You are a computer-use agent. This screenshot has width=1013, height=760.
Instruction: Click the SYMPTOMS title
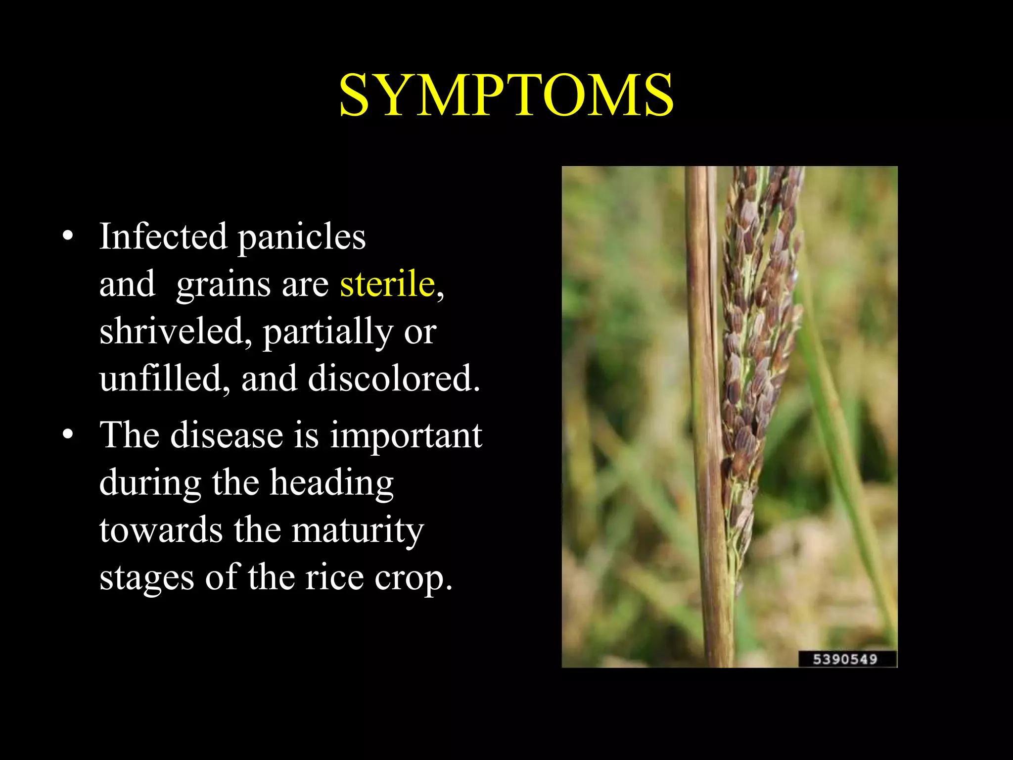[x=506, y=95]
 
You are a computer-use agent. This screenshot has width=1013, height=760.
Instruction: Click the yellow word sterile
[x=387, y=284]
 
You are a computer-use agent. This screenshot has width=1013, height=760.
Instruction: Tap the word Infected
[x=163, y=236]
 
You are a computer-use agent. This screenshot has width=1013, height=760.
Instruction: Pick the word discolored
[x=393, y=379]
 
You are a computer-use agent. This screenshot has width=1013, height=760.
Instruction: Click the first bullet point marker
[x=68, y=237]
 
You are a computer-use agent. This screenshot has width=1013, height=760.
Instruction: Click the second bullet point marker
[x=68, y=435]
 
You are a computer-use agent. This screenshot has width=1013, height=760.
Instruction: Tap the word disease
[x=227, y=435]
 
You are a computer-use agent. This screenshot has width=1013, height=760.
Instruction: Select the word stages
[x=146, y=578]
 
